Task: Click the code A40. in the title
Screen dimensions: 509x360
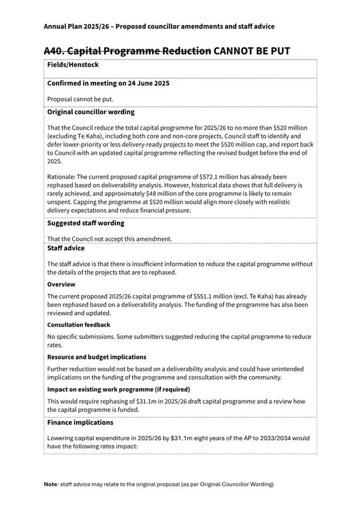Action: (x=57, y=51)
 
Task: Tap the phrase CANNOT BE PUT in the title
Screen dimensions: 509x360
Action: (x=252, y=51)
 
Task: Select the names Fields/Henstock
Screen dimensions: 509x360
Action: (x=73, y=65)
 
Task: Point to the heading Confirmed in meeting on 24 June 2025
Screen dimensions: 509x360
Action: (x=108, y=84)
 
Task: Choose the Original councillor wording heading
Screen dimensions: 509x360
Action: (x=91, y=112)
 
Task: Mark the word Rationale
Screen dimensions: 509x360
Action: (x=62, y=176)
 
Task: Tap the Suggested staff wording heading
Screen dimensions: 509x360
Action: (x=85, y=223)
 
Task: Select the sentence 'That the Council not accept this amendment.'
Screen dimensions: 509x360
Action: (x=109, y=239)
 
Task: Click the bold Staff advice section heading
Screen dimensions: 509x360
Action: (x=66, y=248)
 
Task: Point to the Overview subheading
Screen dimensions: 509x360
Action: (x=61, y=285)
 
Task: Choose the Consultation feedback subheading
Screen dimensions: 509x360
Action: (x=79, y=325)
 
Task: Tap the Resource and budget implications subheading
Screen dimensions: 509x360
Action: (x=97, y=357)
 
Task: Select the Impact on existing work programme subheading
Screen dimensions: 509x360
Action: (x=122, y=389)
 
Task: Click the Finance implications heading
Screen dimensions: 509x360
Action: (x=80, y=423)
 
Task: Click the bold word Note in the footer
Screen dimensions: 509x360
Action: (x=52, y=484)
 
